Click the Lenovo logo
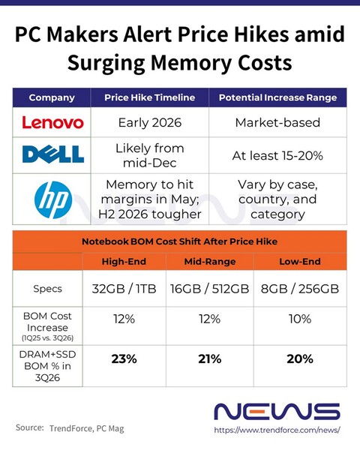(52, 122)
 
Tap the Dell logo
(52, 154)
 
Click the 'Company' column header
(52, 97)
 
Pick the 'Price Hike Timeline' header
(149, 97)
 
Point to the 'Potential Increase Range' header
(277, 97)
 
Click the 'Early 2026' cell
(149, 122)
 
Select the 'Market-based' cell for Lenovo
(277, 122)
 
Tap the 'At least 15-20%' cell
(277, 154)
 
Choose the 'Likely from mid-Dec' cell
(149, 154)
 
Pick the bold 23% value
(124, 358)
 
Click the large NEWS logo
(277, 411)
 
